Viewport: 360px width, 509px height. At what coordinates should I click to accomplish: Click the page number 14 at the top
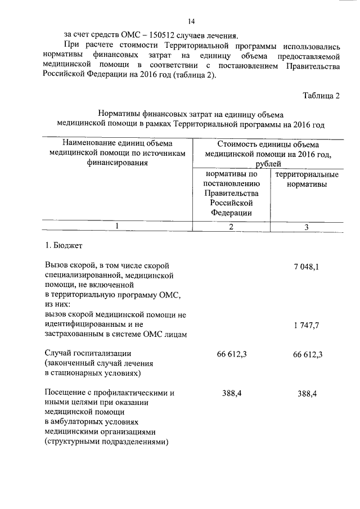tap(191, 22)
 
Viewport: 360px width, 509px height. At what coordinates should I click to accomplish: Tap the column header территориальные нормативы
tap(307, 179)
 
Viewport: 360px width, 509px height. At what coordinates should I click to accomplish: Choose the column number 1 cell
tap(118, 226)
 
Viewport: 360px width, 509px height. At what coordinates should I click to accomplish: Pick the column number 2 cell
tap(231, 226)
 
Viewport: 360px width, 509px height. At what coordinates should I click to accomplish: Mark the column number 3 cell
tap(307, 227)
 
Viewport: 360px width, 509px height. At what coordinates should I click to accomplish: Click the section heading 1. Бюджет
tap(64, 245)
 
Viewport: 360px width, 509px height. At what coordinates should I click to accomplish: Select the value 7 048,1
tap(306, 267)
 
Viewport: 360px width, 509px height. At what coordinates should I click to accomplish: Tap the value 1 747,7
tap(306, 326)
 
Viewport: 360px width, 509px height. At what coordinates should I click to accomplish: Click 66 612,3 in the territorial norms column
tap(303, 354)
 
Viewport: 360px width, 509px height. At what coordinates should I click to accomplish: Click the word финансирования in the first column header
tap(117, 163)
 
